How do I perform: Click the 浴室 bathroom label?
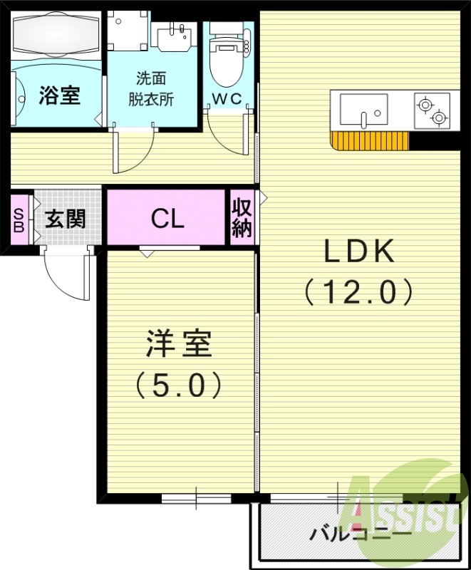tap(59, 95)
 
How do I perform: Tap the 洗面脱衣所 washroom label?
tap(150, 88)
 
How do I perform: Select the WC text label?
tap(229, 98)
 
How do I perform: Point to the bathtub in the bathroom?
tap(57, 33)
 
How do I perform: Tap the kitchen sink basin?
tap(363, 110)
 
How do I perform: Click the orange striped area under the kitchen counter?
tap(371, 141)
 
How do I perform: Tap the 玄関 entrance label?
tap(66, 218)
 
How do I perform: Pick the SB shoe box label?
tap(19, 219)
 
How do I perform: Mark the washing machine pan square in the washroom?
tap(128, 28)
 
